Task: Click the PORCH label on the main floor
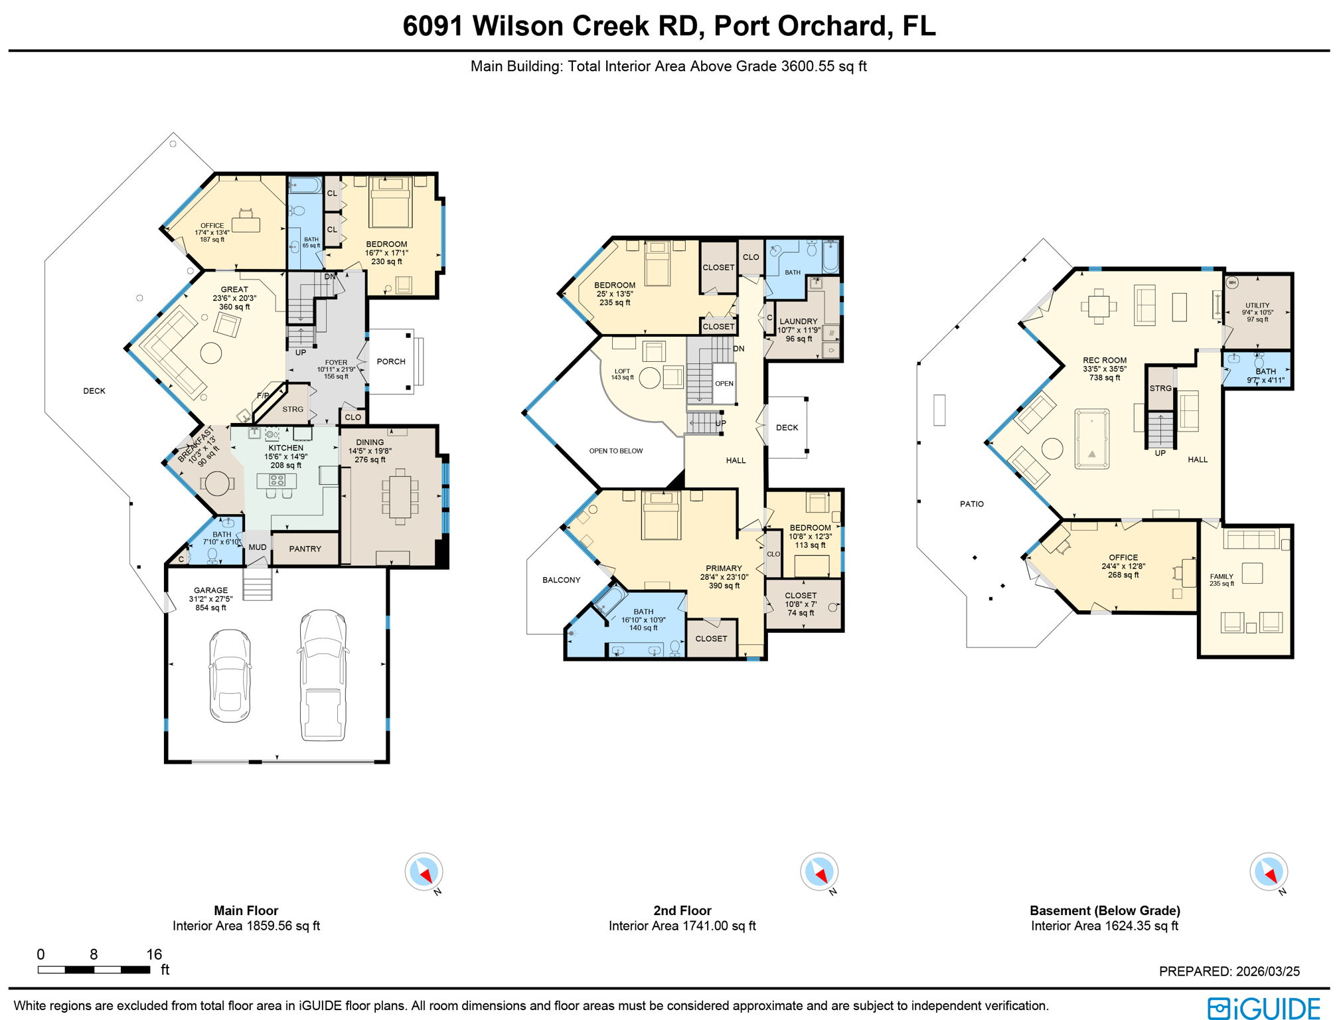(x=390, y=361)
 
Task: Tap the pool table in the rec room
(x=1091, y=440)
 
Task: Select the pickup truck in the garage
(x=323, y=675)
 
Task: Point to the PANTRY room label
(x=305, y=549)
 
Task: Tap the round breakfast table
(x=216, y=483)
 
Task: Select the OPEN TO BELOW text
(x=615, y=451)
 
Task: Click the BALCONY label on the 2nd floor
(x=561, y=580)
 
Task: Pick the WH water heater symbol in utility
(x=1232, y=282)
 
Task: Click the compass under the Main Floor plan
(x=424, y=871)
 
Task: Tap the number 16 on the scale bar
(x=154, y=954)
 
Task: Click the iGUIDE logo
(x=1263, y=1008)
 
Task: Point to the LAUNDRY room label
(x=798, y=321)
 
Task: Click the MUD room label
(x=258, y=547)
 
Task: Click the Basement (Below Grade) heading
(x=1104, y=910)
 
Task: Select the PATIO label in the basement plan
(x=971, y=504)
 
